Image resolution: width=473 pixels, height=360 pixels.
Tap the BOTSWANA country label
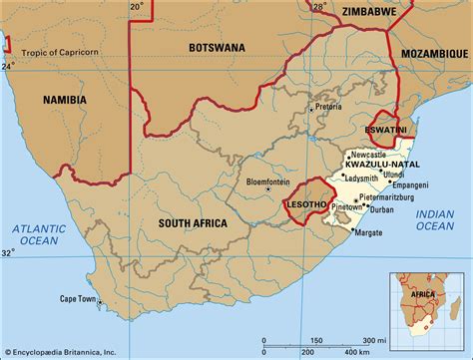221,47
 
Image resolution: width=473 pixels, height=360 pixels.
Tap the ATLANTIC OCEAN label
38,235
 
